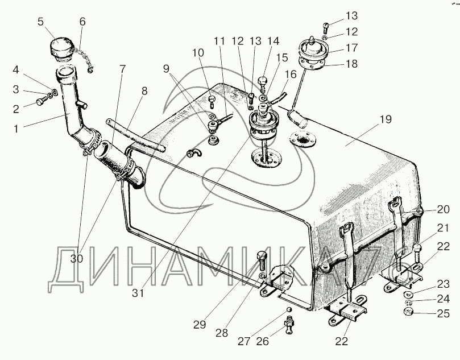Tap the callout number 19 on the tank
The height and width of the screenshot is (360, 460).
pos(386,119)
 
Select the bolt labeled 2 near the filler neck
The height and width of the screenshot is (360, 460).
pos(41,102)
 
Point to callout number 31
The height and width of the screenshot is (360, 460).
pos(138,293)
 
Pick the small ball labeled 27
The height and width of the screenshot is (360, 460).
pos(289,309)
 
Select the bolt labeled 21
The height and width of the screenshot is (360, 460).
pos(417,252)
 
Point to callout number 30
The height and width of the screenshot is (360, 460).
pos(77,259)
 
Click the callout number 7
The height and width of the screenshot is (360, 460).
pos(122,69)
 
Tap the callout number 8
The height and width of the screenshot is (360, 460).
pos(144,91)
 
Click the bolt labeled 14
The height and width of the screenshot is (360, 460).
pos(263,82)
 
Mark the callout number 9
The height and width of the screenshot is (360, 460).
pos(166,69)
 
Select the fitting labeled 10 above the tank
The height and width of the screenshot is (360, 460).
pos(212,100)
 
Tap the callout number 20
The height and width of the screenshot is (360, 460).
pos(443,209)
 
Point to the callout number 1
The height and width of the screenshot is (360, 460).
pos(16,129)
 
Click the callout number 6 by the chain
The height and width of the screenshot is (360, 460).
pos(82,22)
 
